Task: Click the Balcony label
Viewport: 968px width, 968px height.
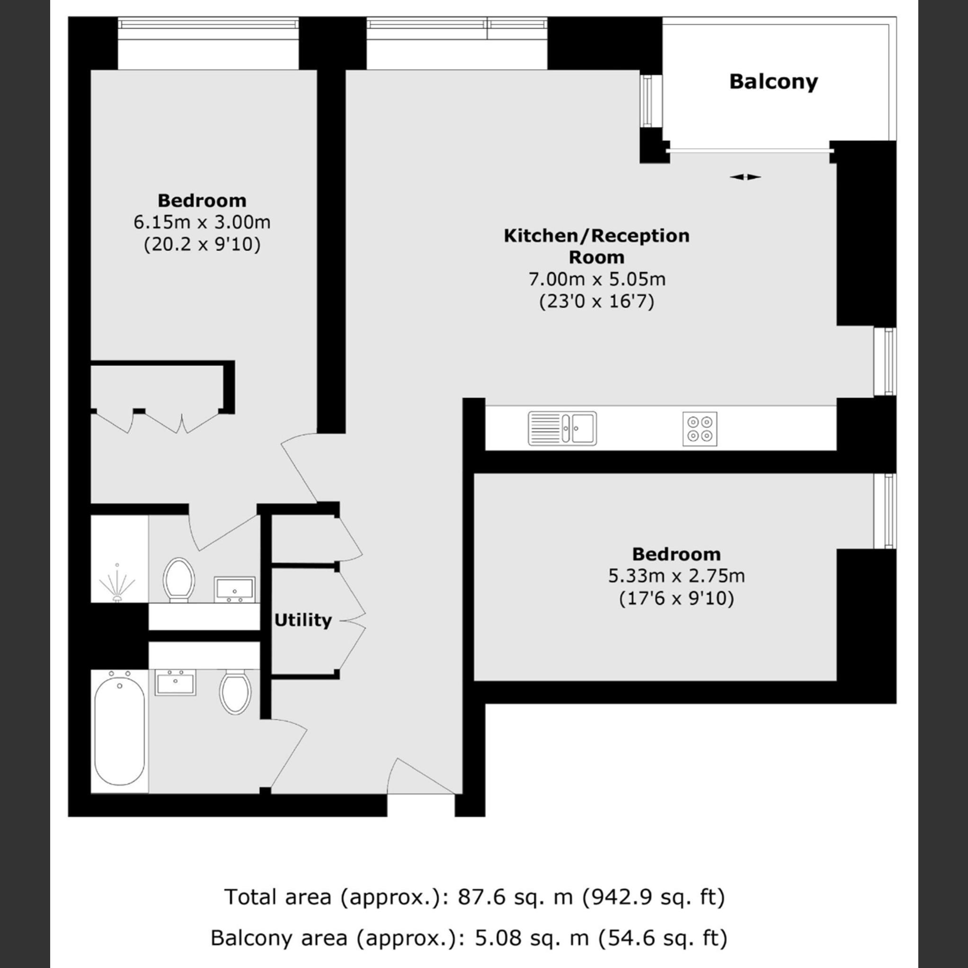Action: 773,82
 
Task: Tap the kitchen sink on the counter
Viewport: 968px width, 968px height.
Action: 562,428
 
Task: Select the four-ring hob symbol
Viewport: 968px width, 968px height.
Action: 700,429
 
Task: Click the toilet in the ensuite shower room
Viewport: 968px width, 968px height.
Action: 178,579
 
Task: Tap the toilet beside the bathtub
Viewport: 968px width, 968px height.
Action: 235,692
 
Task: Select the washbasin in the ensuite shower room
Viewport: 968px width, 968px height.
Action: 234,589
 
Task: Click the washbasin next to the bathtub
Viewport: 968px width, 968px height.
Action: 175,683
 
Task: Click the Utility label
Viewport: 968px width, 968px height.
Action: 302,620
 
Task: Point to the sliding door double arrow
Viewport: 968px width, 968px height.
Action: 745,177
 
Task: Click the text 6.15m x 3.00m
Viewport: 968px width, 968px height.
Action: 202,222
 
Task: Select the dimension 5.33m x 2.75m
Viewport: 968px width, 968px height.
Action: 676,576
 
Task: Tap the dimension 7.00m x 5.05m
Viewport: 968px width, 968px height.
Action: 597,279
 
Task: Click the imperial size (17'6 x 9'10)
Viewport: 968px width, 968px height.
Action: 676,599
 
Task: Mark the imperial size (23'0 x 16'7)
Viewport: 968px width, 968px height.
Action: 597,302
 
